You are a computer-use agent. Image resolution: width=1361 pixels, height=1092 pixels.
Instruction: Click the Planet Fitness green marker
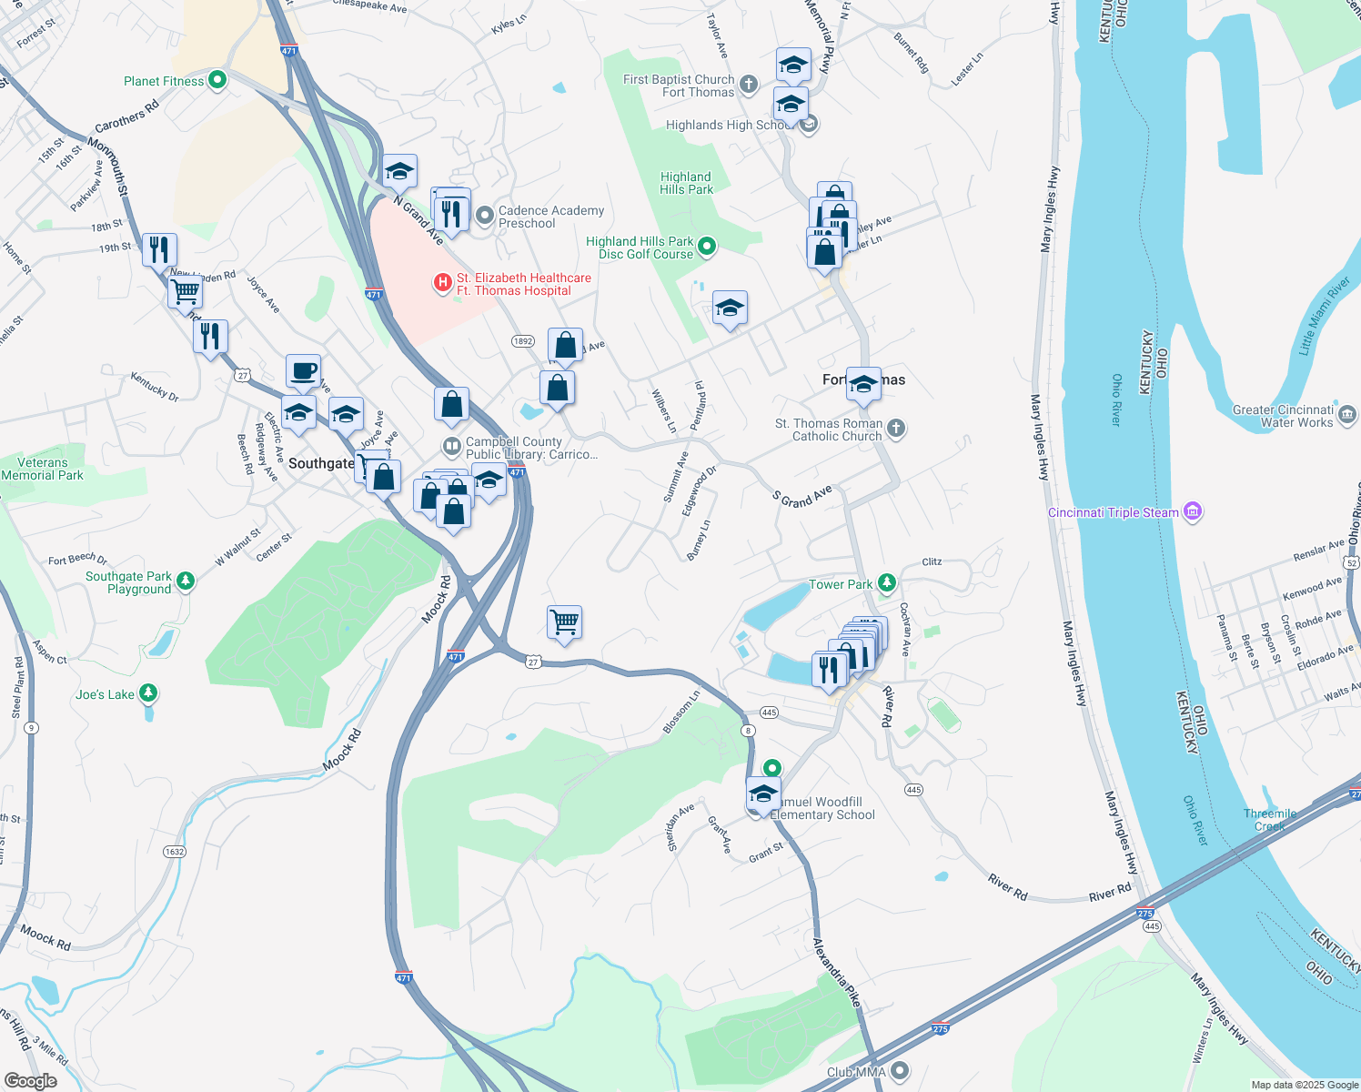tap(217, 81)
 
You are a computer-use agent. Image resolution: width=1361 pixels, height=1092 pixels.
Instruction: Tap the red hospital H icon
tap(443, 283)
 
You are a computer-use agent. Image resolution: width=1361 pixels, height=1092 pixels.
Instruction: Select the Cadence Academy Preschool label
tap(550, 217)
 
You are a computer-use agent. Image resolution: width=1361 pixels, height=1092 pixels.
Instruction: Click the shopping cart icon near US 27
tap(564, 622)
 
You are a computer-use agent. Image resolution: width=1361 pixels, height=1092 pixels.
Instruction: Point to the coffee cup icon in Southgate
tap(303, 371)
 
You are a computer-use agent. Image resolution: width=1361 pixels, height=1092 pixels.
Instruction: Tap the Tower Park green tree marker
tap(887, 583)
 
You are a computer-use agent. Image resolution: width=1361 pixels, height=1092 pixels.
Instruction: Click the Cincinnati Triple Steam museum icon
tap(1193, 512)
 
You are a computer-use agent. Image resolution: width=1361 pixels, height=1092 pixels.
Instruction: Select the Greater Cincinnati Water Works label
tap(1283, 416)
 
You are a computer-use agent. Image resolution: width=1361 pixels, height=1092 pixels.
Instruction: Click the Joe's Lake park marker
tap(148, 694)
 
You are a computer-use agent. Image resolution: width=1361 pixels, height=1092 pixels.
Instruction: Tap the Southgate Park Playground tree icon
tap(186, 581)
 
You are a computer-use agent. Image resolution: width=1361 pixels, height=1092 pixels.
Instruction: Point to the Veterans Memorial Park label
tap(42, 469)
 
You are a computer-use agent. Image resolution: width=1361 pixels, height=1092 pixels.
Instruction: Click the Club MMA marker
tap(900, 1071)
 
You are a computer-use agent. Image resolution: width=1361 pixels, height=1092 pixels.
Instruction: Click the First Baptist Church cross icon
tap(748, 86)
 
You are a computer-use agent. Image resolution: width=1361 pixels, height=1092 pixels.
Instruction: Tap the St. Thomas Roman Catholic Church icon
tap(896, 429)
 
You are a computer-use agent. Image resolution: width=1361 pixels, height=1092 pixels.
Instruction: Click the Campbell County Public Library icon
tap(451, 447)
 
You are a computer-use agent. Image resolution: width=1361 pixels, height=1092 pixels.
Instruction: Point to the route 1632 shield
tap(174, 852)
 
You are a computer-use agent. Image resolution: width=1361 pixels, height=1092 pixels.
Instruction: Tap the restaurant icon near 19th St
tap(159, 249)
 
